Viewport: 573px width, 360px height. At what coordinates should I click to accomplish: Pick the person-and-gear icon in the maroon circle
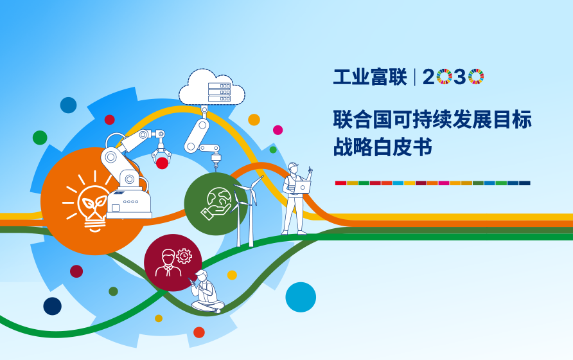(173, 262)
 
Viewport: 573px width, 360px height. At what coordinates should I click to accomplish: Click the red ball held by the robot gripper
(162, 163)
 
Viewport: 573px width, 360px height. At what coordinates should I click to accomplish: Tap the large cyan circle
(301, 297)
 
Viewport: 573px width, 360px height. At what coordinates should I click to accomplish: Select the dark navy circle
(53, 306)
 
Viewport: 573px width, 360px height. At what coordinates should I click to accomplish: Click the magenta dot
(278, 130)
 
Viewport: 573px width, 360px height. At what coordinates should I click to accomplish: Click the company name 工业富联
(370, 77)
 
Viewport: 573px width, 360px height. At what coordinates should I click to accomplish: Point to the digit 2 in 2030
(429, 77)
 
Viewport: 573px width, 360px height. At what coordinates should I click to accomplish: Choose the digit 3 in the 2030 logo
(460, 77)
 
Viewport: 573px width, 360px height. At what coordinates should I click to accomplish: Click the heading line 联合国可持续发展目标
(432, 119)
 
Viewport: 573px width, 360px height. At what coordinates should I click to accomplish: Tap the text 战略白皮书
(382, 147)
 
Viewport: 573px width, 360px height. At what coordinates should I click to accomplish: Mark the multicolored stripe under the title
(432, 183)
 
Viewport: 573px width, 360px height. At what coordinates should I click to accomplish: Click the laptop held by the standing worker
(301, 187)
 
